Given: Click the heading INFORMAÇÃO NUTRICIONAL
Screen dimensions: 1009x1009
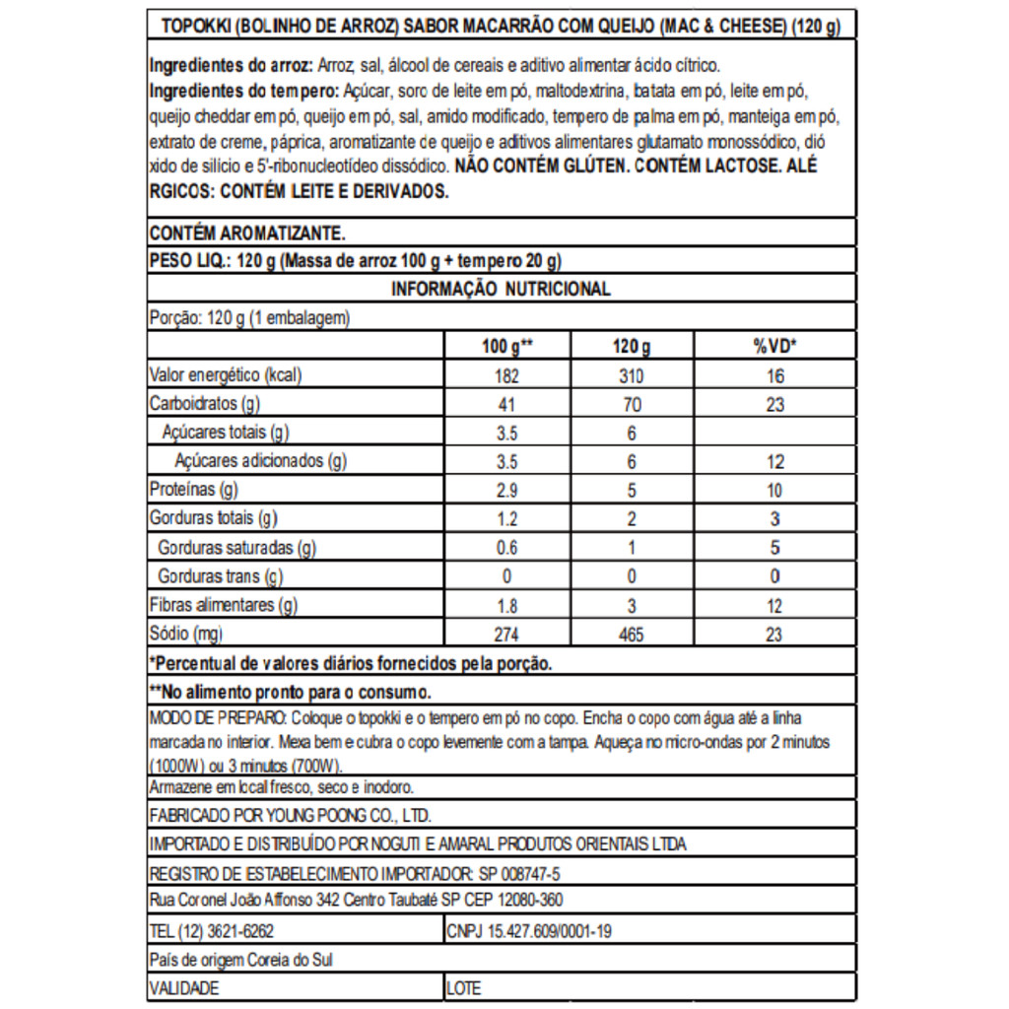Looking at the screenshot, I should click(501, 289).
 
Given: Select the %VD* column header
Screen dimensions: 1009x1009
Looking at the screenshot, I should click(774, 347).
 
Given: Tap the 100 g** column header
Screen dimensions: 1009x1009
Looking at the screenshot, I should click(506, 347).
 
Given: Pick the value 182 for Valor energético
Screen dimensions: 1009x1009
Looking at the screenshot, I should click(506, 376).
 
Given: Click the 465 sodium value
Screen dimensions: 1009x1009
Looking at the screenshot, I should click(631, 636).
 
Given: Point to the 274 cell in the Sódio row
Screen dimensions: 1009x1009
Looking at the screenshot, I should click(506, 636).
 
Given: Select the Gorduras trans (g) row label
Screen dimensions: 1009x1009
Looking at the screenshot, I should click(220, 576).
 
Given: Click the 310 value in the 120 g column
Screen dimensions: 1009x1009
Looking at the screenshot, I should click(631, 376).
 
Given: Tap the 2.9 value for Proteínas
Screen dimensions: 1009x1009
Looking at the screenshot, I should click(506, 491).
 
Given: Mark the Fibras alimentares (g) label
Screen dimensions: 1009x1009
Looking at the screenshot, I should click(223, 606).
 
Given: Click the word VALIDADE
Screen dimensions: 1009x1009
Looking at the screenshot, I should click(184, 987).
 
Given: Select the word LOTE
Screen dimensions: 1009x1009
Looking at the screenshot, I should click(465, 987).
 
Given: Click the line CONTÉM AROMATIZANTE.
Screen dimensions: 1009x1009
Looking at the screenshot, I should click(246, 234).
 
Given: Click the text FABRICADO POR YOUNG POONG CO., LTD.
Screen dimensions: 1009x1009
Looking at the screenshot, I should click(290, 816).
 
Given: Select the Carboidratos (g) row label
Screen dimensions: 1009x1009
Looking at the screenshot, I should click(204, 404).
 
